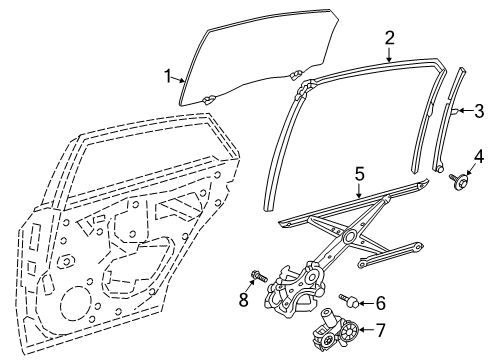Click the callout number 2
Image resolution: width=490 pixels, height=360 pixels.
pyautogui.click(x=389, y=38)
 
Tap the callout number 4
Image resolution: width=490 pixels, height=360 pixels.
pyautogui.click(x=477, y=154)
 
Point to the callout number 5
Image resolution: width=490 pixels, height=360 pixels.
pyautogui.click(x=358, y=174)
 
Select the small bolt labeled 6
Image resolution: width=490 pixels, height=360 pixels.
pyautogui.click(x=351, y=298)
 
